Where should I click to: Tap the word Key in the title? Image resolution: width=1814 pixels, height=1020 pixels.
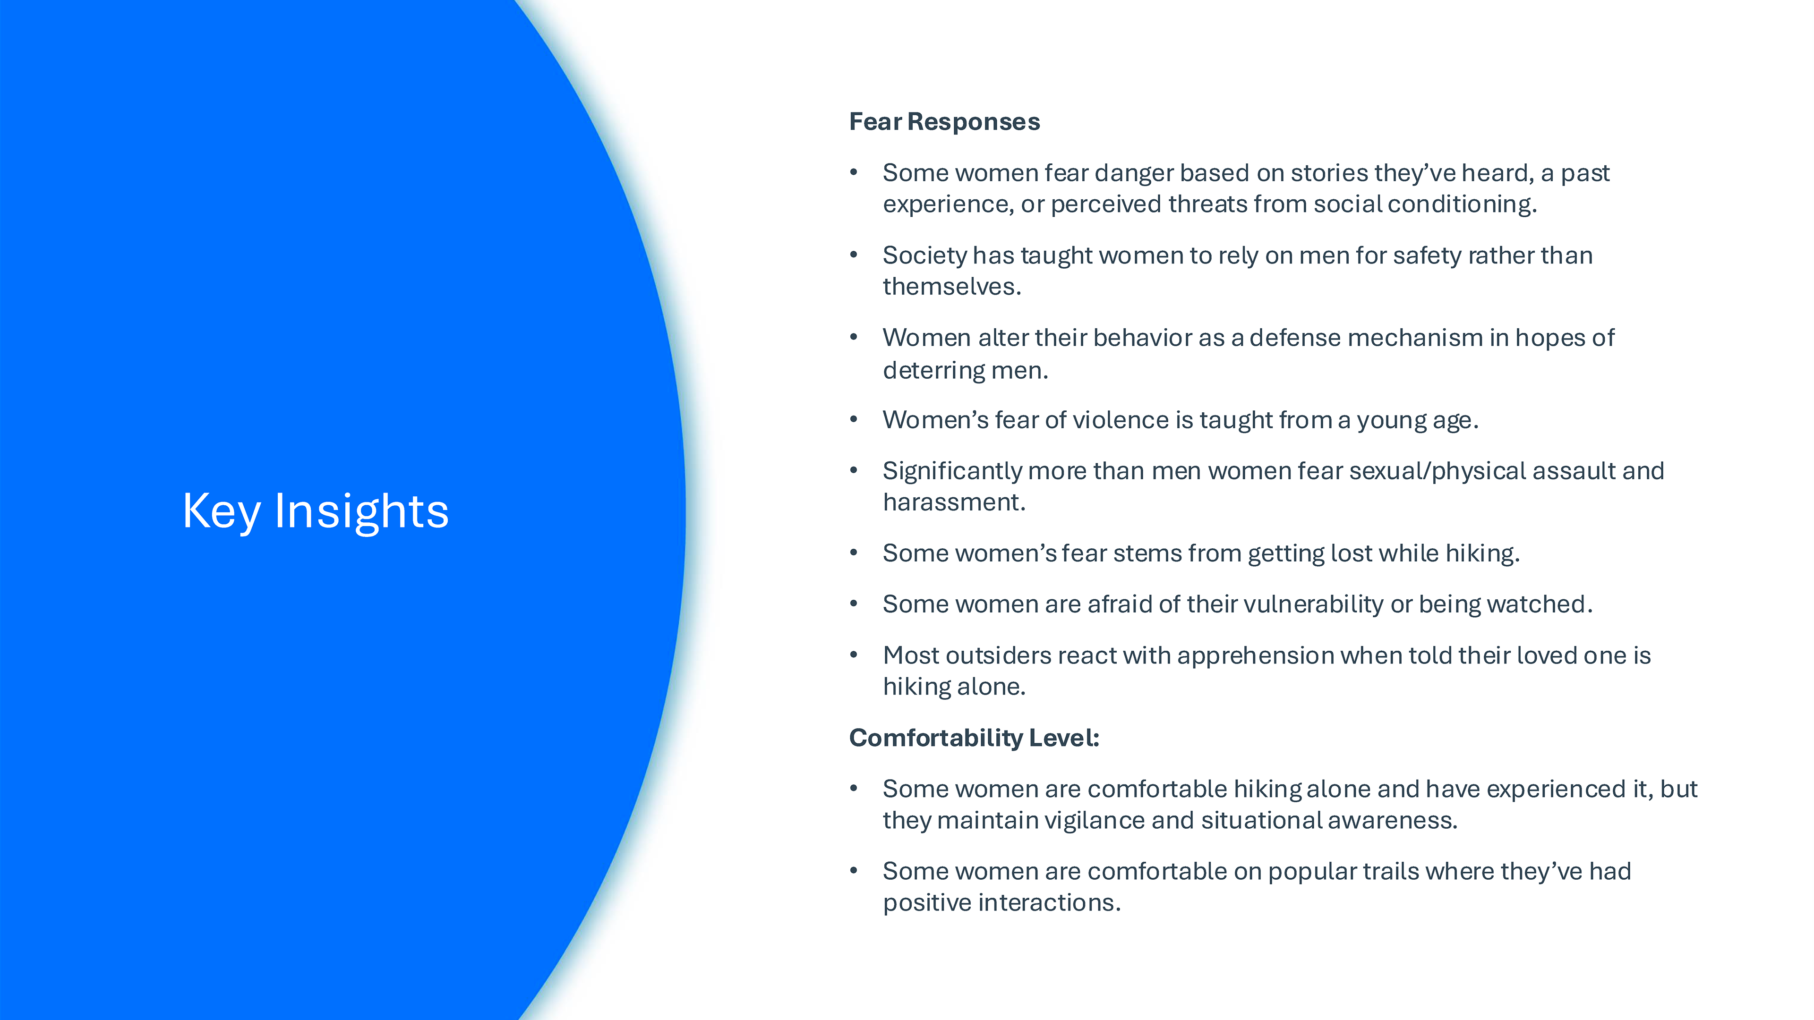click(221, 512)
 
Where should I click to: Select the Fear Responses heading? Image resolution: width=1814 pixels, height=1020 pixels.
click(944, 122)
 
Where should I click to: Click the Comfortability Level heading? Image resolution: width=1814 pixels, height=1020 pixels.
click(974, 738)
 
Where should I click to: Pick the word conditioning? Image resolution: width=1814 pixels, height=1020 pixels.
click(1462, 204)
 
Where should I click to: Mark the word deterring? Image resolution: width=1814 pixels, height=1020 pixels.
click(934, 370)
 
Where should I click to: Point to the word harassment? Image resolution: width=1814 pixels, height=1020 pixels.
click(953, 502)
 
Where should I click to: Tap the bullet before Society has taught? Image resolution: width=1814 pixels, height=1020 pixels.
click(854, 255)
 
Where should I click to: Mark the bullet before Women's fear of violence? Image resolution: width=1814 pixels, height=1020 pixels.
click(854, 419)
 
